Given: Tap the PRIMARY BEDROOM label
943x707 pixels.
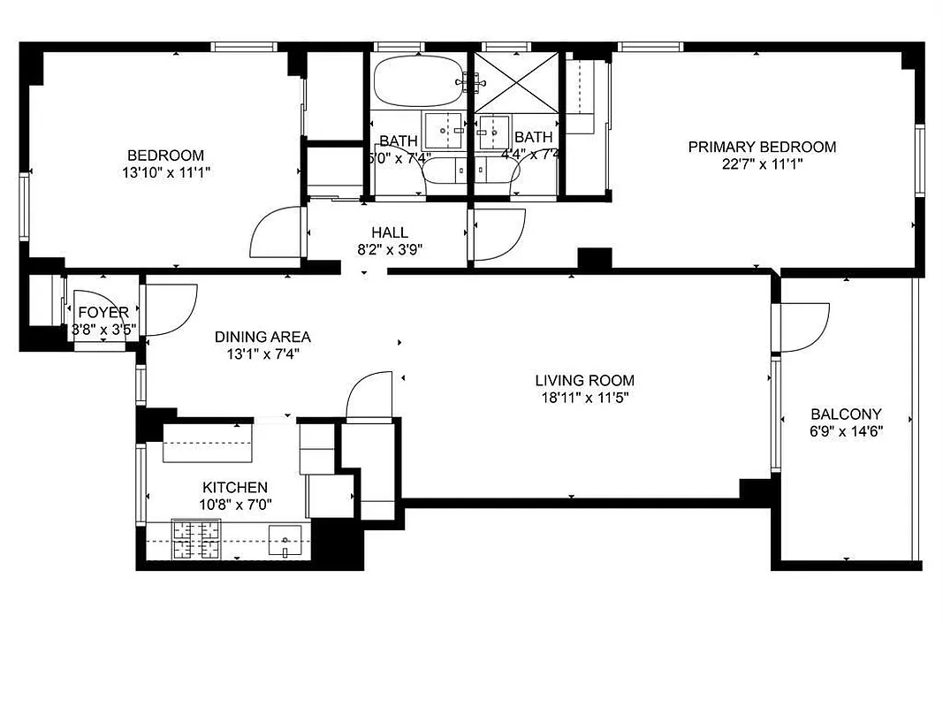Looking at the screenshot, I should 762,147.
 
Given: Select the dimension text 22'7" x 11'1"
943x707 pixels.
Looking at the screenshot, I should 762,163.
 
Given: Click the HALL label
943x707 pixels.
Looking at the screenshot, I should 389,233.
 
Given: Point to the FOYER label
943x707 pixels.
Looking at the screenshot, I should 103,313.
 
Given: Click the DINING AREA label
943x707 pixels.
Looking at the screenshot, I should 262,337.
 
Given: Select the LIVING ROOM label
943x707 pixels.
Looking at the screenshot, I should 584,381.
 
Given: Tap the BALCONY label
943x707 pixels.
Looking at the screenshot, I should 846,414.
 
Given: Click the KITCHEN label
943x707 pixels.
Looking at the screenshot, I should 235,488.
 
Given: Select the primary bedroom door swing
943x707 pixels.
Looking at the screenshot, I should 499,233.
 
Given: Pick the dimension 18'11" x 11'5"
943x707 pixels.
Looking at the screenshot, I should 584,398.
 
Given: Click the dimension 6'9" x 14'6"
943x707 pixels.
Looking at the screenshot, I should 846,431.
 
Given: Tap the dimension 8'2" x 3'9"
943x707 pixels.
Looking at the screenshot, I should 389,250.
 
